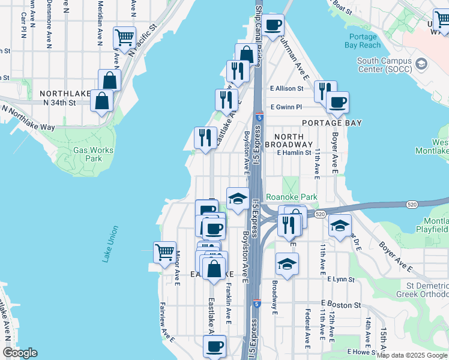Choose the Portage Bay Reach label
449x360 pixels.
(363, 41)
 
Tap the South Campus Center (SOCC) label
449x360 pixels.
(385, 65)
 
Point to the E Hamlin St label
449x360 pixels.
(296, 153)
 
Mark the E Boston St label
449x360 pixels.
(340, 305)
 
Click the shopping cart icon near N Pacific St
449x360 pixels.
(125, 37)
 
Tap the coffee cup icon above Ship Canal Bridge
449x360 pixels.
(273, 25)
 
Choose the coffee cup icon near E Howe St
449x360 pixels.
(214, 346)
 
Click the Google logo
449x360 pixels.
(20, 353)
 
